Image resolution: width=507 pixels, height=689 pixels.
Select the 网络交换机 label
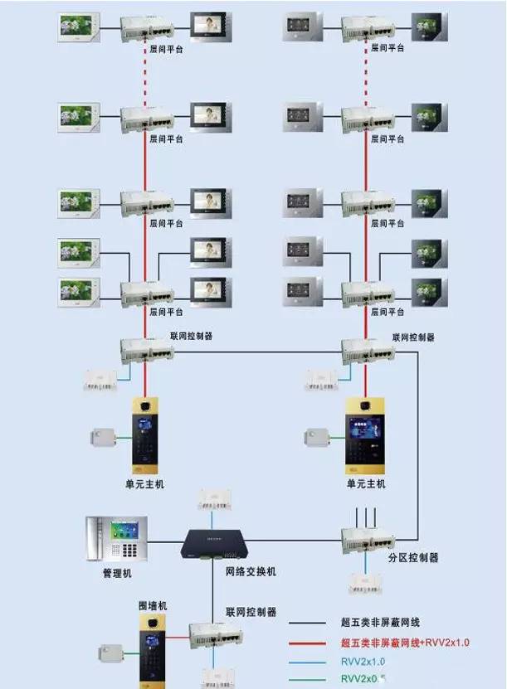pyautogui.click(x=251, y=572)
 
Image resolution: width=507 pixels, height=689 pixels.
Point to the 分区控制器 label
pyautogui.click(x=413, y=558)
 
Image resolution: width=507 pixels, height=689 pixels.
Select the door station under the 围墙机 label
pyautogui.click(x=153, y=651)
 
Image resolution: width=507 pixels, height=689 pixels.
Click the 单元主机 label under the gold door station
pyautogui.click(x=366, y=483)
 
